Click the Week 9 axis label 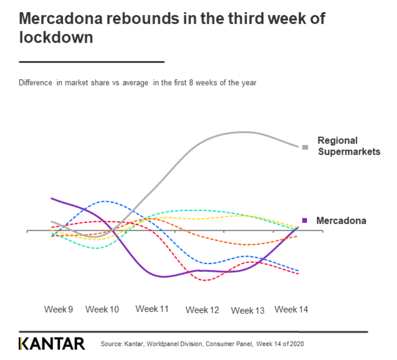[58, 309]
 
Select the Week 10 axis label [102, 309]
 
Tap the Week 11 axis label [152, 309]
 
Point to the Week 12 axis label [202, 310]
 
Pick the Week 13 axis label [248, 310]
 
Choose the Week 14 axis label [291, 309]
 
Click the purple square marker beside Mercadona [304, 221]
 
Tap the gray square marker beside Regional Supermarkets [304, 147]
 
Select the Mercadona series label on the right [341, 221]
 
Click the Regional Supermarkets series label [349, 146]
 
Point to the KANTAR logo [52, 343]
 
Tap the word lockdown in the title [56, 37]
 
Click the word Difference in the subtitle [35, 83]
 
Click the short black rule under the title [91, 62]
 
